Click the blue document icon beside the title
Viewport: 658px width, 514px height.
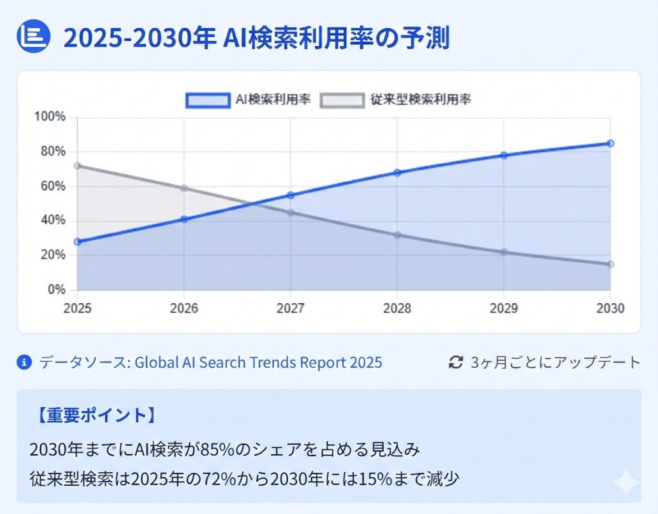(x=33, y=37)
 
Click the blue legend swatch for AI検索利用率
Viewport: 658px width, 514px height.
(x=208, y=100)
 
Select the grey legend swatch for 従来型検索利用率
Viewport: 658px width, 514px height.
(x=342, y=100)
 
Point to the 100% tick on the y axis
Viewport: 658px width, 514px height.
(x=51, y=117)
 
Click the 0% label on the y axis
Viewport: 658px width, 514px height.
(x=57, y=290)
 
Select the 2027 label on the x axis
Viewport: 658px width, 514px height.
(x=290, y=308)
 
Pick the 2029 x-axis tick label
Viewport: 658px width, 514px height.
(x=503, y=308)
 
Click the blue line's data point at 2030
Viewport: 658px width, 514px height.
(x=610, y=143)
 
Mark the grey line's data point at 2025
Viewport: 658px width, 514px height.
(x=78, y=166)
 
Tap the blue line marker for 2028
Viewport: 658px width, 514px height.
(x=397, y=172)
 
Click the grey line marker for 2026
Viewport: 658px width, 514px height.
(x=184, y=188)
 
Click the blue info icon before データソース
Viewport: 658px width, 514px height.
(x=24, y=363)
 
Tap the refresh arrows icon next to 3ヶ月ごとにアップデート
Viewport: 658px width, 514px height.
(x=456, y=362)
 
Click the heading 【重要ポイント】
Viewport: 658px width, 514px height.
(x=93, y=415)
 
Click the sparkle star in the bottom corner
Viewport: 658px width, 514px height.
(x=625, y=483)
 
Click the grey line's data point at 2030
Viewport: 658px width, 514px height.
(x=610, y=264)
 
